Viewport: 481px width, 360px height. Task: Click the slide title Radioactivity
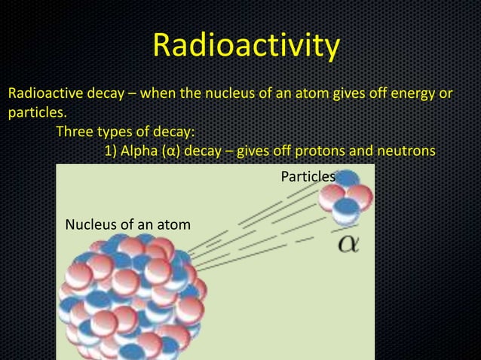coord(245,46)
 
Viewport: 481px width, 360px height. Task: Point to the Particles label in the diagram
coord(308,176)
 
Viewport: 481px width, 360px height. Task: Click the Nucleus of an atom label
coord(127,224)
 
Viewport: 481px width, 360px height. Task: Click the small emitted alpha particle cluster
coord(340,200)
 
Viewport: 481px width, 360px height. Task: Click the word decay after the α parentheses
coord(202,151)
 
